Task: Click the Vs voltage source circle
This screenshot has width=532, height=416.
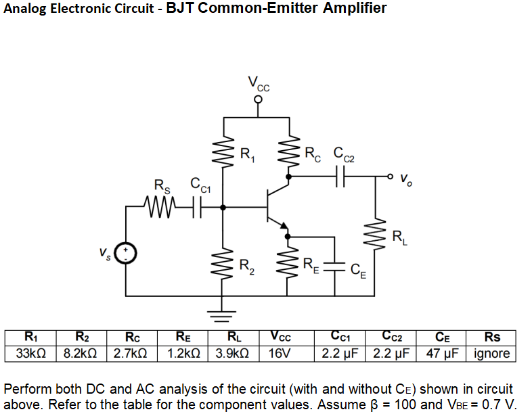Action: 125,254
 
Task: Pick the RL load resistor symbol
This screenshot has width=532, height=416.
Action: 376,236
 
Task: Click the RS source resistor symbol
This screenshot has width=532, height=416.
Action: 160,203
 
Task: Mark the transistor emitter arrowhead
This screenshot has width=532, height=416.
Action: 285,226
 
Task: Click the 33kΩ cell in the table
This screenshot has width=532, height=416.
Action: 30,354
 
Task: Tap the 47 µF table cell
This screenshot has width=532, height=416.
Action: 443,354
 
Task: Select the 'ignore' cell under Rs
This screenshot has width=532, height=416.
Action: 493,354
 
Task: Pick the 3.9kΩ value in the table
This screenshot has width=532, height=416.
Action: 233,354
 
